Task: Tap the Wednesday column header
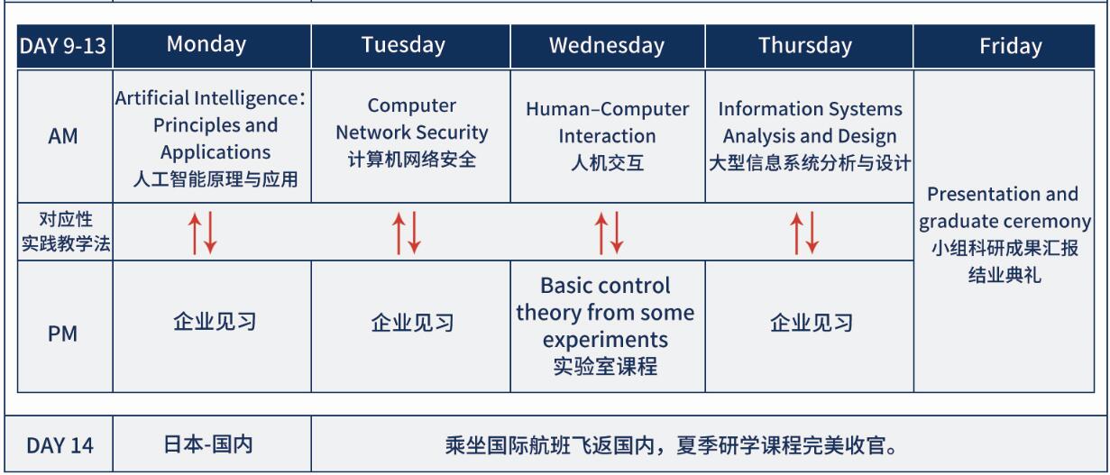607,46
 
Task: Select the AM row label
63,136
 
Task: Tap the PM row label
63,333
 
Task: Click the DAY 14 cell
60,445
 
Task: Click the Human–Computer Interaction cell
607,136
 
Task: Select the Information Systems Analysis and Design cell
810,136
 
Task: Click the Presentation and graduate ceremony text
1005,234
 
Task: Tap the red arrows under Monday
202,233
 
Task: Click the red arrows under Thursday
804,233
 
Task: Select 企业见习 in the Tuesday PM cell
412,323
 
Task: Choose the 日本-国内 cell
208,444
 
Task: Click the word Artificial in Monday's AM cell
152,98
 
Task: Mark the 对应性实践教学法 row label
66,232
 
